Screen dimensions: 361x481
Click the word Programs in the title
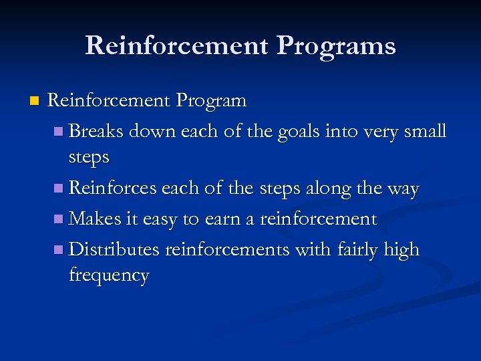(x=336, y=46)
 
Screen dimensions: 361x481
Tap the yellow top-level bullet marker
(x=34, y=102)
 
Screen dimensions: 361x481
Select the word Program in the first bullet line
(x=211, y=101)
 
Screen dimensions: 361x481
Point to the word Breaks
(x=96, y=131)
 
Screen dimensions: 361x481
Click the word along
(x=329, y=189)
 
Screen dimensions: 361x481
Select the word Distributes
(x=114, y=249)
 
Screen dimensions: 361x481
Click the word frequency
(x=108, y=275)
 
